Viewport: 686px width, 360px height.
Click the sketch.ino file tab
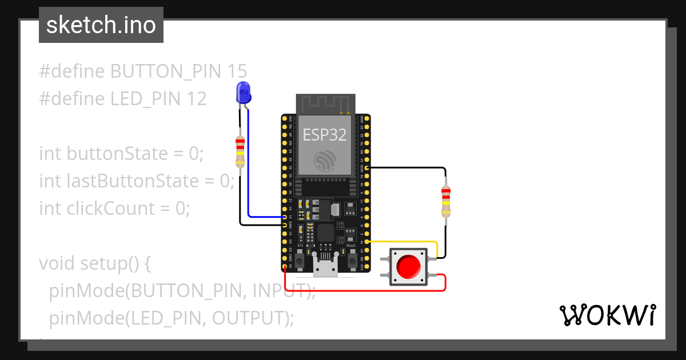coord(101,25)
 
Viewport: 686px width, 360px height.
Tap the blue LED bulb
coord(243,92)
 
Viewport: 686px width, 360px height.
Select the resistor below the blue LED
coord(240,152)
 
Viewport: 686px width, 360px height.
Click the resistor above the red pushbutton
coord(446,201)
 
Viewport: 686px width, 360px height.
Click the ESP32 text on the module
coord(324,134)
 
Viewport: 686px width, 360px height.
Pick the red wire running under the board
coord(366,290)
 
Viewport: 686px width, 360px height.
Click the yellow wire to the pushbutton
coord(406,242)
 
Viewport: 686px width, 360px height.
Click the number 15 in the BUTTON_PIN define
coord(237,71)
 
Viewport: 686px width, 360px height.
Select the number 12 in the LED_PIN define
coord(196,99)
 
